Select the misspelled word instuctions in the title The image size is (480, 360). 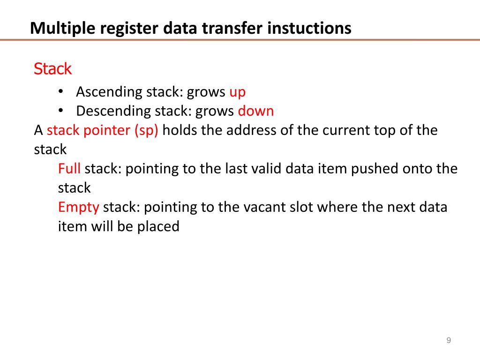click(309, 29)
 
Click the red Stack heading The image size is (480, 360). click(52, 69)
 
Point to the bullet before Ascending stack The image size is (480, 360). click(61, 92)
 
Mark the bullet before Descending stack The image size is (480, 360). click(61, 111)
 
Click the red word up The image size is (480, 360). click(237, 92)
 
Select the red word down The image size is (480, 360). click(256, 111)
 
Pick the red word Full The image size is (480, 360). click(69, 168)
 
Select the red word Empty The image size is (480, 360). click(79, 207)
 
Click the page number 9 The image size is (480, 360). click(449, 340)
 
